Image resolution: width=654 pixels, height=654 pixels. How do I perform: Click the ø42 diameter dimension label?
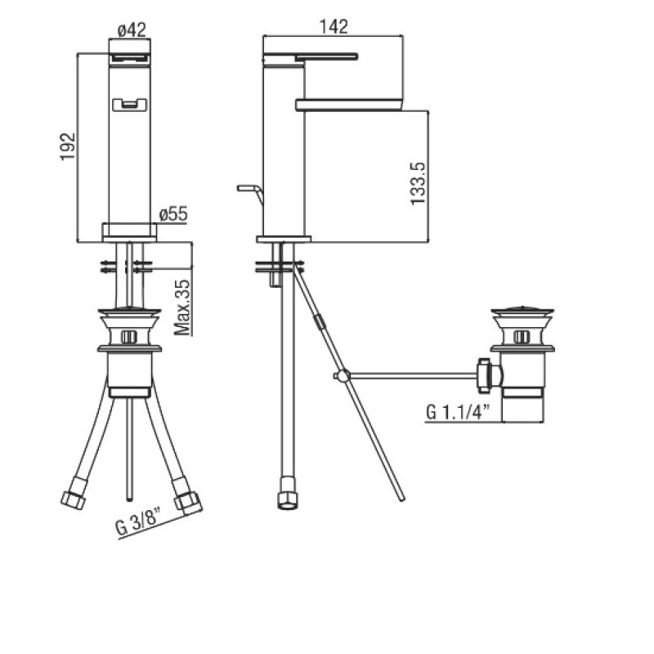[x=132, y=30]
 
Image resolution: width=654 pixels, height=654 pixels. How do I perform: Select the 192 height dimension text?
[x=68, y=146]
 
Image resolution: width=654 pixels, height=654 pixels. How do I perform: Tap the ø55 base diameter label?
[x=173, y=214]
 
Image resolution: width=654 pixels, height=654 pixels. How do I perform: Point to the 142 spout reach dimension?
[x=334, y=27]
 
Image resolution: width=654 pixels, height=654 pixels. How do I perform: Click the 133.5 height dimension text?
[x=418, y=184]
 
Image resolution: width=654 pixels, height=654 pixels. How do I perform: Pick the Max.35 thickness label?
[x=181, y=308]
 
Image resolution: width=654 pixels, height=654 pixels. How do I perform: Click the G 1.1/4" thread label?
[x=458, y=412]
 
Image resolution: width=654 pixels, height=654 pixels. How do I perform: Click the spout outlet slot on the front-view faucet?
[x=130, y=105]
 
